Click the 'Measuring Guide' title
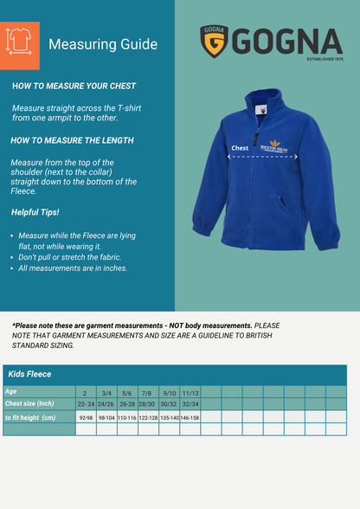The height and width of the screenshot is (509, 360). (103, 44)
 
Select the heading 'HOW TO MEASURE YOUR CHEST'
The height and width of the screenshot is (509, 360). (74, 87)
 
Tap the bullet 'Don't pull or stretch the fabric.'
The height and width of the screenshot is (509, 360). (71, 257)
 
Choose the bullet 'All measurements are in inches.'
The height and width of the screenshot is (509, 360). (73, 268)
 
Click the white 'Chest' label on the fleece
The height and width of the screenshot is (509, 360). (240, 148)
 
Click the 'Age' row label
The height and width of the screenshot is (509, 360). (12, 391)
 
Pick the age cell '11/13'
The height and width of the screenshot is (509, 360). (190, 392)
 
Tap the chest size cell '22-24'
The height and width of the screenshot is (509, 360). (86, 403)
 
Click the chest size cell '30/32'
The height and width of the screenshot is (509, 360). (169, 403)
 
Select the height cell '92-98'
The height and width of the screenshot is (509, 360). (86, 417)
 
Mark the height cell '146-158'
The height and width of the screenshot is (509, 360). (190, 417)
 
